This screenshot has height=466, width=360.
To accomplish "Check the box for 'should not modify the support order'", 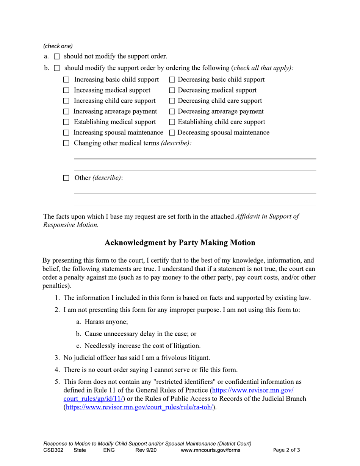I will tap(57, 57).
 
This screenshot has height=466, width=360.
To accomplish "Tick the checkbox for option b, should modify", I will tap(57, 69).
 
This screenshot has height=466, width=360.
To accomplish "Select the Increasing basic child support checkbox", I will tap(66, 80).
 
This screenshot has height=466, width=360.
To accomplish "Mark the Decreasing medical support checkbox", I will tap(172, 91).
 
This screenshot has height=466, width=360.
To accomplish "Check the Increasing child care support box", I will tap(66, 101).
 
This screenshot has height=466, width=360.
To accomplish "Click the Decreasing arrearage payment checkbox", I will tap(172, 112).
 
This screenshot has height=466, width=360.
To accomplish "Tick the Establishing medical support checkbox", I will tap(66, 122).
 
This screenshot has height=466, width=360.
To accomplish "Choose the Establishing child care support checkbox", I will tap(172, 122).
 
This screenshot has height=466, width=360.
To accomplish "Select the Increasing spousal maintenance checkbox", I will tap(66, 133).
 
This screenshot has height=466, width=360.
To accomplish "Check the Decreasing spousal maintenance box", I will tap(172, 133).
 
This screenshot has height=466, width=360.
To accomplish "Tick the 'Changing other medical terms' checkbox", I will tap(66, 144).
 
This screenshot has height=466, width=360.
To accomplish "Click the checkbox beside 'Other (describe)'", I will tap(66, 178).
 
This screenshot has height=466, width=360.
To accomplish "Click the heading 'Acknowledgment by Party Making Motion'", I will tap(180, 243).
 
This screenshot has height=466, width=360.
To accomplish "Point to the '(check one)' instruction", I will tap(58, 46).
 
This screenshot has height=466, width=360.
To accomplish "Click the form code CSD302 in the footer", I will tap(53, 450).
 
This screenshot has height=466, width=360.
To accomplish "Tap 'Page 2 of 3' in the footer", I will tap(286, 450).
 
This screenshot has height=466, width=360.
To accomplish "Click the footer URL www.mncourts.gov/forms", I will tap(211, 450).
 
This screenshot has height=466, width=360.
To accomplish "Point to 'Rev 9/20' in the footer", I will tap(146, 450).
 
